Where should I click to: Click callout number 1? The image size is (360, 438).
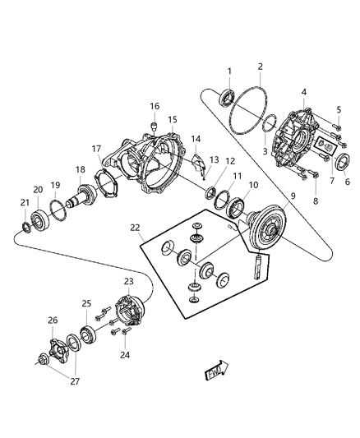pos(229,71)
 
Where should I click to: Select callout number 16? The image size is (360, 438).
pos(154,106)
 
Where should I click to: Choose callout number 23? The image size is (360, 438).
pos(128,280)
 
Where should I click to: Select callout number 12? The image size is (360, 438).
pos(230,161)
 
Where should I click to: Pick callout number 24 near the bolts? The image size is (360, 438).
pos(125,355)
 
